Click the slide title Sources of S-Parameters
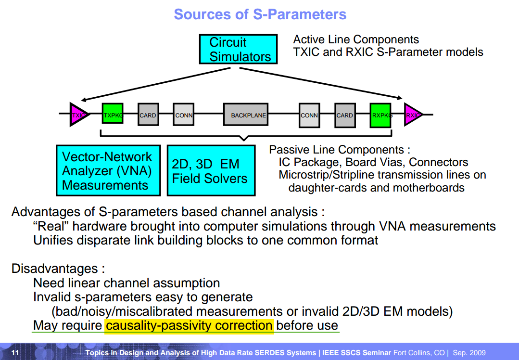point(260,14)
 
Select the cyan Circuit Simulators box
point(239,49)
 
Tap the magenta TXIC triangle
point(78,115)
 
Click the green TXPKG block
point(113,115)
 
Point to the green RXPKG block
point(380,115)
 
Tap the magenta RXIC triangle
point(413,115)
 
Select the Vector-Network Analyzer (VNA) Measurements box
point(108,171)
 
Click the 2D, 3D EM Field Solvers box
point(211,171)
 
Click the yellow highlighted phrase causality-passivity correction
point(189,326)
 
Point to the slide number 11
point(15,353)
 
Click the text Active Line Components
point(356,40)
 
